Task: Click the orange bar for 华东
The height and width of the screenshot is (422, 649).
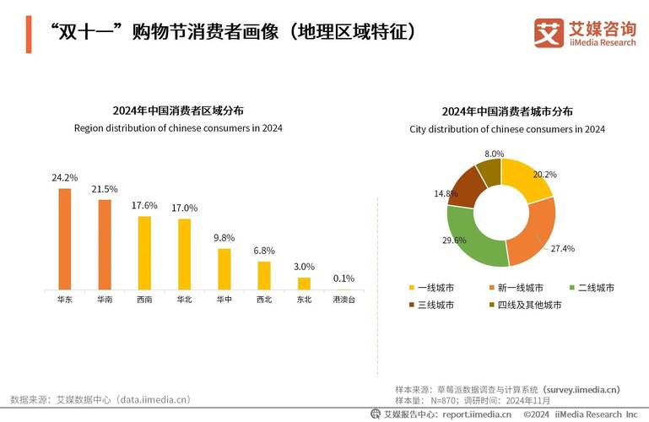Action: [x=64, y=239]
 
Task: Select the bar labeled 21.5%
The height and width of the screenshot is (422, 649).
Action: [x=105, y=245]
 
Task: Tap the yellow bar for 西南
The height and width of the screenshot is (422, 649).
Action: [x=144, y=252]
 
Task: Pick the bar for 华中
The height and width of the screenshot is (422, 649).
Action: [x=224, y=268]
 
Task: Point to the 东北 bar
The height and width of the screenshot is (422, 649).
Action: [x=304, y=283]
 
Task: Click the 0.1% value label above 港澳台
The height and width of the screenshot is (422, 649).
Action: [x=343, y=279]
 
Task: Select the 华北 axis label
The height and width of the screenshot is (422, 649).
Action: [x=184, y=300]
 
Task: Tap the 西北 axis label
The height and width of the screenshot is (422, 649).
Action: [x=264, y=300]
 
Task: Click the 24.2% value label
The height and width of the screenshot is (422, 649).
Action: [x=64, y=178]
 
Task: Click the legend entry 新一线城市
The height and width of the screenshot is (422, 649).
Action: [x=520, y=288]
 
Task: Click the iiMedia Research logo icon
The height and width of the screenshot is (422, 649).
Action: [x=549, y=33]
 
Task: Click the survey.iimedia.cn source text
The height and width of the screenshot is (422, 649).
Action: [x=581, y=389]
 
